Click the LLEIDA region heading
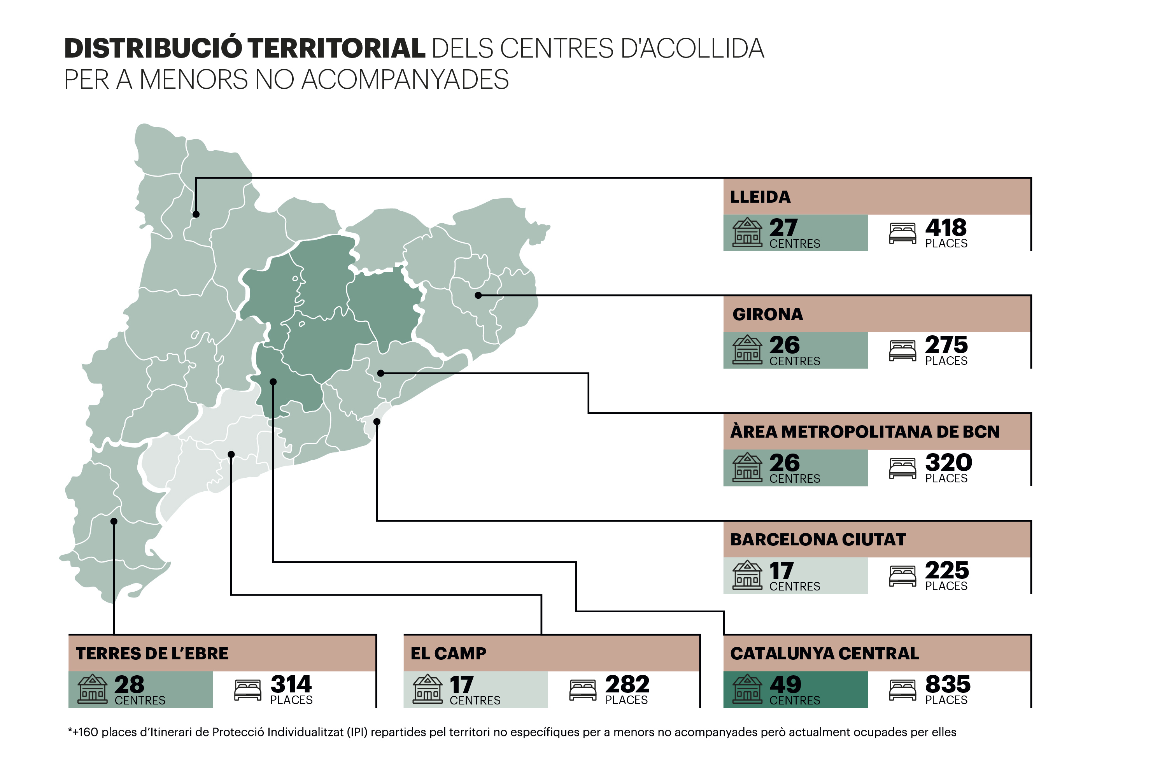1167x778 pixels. pyautogui.click(x=760, y=197)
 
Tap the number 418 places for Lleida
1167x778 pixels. pyautogui.click(x=946, y=228)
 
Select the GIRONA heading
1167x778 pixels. pyautogui.click(x=767, y=315)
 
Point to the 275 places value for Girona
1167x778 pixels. pyautogui.click(x=946, y=345)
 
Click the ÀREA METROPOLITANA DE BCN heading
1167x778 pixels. pyautogui.click(x=865, y=432)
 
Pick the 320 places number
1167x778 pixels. pyautogui.click(x=949, y=463)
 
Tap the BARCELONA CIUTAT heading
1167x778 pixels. pyautogui.click(x=818, y=540)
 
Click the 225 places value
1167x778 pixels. pyautogui.click(x=947, y=570)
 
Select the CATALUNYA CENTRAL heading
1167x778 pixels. pyautogui.click(x=825, y=654)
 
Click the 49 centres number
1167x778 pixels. pyautogui.click(x=785, y=685)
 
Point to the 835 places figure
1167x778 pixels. pyautogui.click(x=948, y=685)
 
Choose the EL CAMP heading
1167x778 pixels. pyautogui.click(x=449, y=654)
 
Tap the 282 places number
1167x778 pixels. pyautogui.click(x=627, y=685)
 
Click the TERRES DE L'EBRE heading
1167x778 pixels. pyautogui.click(x=152, y=654)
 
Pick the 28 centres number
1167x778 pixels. pyautogui.click(x=129, y=685)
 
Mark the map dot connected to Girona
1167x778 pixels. pyautogui.click(x=478, y=295)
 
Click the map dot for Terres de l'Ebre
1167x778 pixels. pyautogui.click(x=114, y=522)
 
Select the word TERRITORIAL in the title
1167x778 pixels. pyautogui.click(x=336, y=48)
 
